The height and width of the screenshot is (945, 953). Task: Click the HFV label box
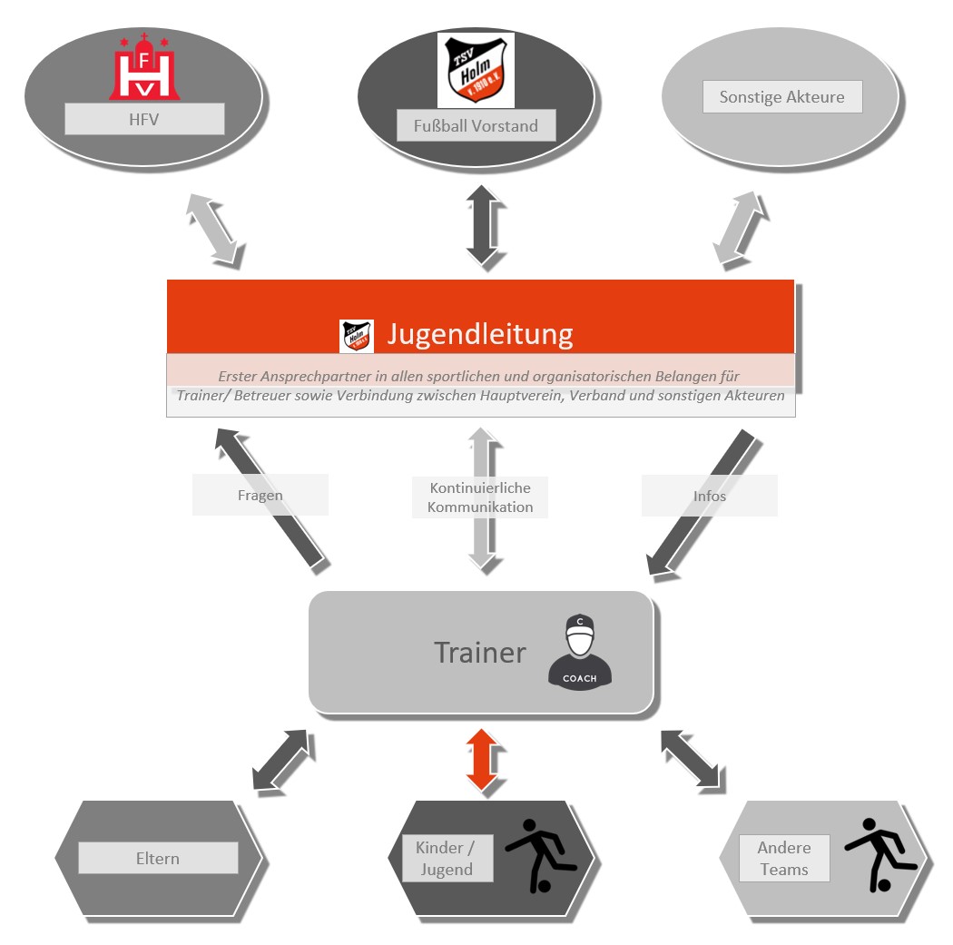(x=144, y=119)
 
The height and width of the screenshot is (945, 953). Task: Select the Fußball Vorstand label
(x=476, y=126)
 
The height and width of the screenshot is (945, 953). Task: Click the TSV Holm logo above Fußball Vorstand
(x=476, y=70)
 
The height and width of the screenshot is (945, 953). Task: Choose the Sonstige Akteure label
(x=781, y=97)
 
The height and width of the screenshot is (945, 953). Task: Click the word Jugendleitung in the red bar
(x=479, y=334)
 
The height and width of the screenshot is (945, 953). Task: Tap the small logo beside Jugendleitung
(x=356, y=336)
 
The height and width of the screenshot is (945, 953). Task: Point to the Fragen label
(x=260, y=496)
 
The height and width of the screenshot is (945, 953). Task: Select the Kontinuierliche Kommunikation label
(x=480, y=497)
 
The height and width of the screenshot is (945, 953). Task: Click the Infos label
(x=709, y=496)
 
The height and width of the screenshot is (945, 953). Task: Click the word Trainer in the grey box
(x=479, y=652)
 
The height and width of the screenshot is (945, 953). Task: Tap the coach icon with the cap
(x=579, y=651)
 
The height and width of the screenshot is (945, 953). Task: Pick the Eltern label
(x=158, y=858)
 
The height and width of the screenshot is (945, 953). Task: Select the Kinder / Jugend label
(x=447, y=858)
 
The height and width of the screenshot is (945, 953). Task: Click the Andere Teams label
(x=783, y=858)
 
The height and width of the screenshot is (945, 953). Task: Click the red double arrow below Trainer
(x=480, y=759)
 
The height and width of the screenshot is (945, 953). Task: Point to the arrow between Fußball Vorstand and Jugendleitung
(x=480, y=228)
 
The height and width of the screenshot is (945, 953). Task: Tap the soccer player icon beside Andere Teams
(x=877, y=853)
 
